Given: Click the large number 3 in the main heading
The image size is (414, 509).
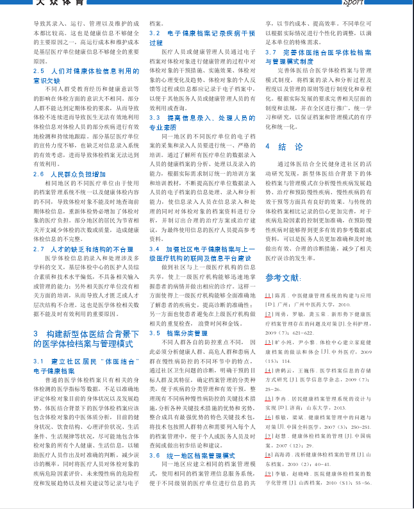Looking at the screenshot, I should [x=36, y=335].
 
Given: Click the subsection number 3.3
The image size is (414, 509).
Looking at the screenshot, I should [x=154, y=119].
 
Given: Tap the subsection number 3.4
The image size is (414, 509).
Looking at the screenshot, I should [x=154, y=249].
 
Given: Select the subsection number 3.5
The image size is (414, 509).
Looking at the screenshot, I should [x=154, y=333].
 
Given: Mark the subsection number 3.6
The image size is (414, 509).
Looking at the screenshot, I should [x=154, y=455].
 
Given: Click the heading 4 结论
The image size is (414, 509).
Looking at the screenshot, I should [x=284, y=147].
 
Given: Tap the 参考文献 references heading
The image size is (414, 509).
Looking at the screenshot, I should [x=283, y=278].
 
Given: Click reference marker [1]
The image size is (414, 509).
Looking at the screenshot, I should [x=269, y=296].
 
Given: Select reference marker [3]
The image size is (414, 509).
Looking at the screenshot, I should [x=269, y=342].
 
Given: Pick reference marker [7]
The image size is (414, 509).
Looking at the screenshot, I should [x=269, y=436].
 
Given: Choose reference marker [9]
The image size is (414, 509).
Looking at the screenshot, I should [x=269, y=473].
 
